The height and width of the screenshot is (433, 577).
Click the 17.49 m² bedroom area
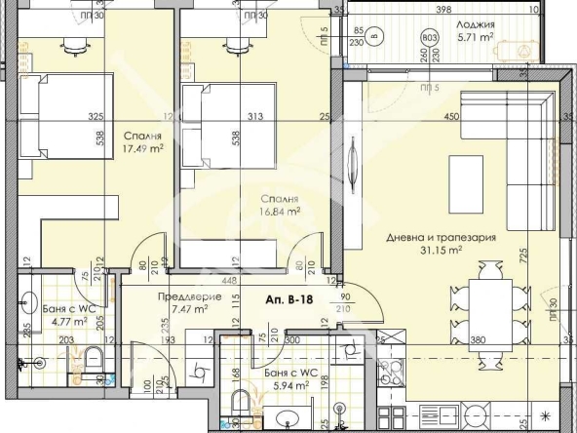click(142, 149)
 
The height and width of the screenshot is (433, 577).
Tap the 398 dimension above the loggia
click(443, 10)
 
